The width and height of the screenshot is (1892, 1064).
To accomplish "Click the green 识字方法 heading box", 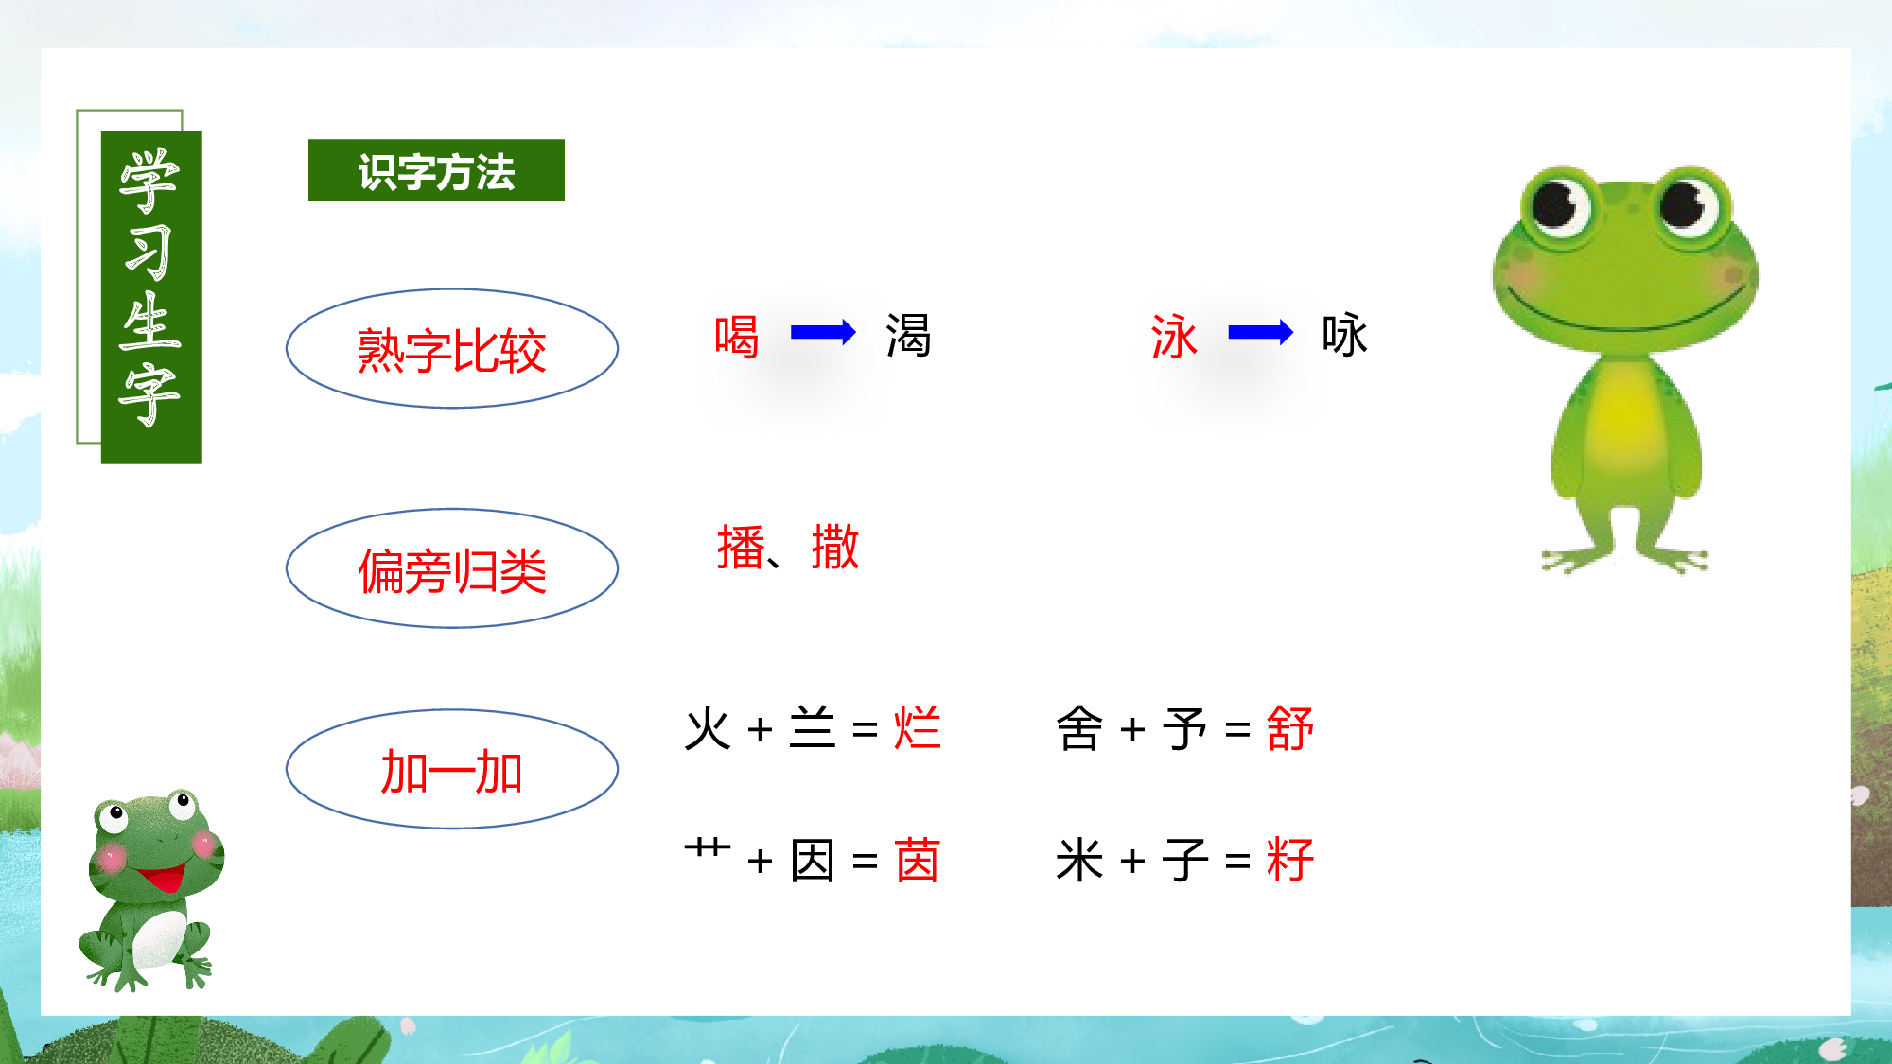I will click(x=436, y=170).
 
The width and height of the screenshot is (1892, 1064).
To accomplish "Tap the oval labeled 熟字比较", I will click(x=452, y=349).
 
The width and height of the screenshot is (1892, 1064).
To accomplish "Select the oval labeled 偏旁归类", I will click(x=452, y=569).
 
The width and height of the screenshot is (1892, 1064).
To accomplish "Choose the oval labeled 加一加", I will click(x=452, y=770).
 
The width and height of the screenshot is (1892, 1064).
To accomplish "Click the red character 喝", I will click(x=737, y=336).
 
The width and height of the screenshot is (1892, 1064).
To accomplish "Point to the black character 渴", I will click(x=908, y=336).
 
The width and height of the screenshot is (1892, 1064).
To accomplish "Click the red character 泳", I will click(x=1174, y=336).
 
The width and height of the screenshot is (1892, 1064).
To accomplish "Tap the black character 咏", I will click(x=1344, y=336).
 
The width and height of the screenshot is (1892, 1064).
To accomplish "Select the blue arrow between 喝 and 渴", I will click(x=822, y=332).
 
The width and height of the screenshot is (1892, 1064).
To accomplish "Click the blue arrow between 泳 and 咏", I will click(x=1260, y=332).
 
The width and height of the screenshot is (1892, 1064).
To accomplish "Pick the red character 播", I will click(x=741, y=548).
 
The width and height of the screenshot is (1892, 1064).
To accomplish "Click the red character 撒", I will click(x=835, y=548).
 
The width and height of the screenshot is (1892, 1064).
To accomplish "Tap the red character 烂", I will click(x=918, y=728).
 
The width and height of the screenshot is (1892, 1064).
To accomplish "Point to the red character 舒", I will click(x=1290, y=728).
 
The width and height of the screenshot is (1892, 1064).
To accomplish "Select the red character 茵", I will click(x=917, y=860).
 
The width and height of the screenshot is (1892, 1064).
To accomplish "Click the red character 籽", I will click(x=1290, y=860).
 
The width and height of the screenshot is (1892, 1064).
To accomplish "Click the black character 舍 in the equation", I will click(x=1079, y=728).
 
